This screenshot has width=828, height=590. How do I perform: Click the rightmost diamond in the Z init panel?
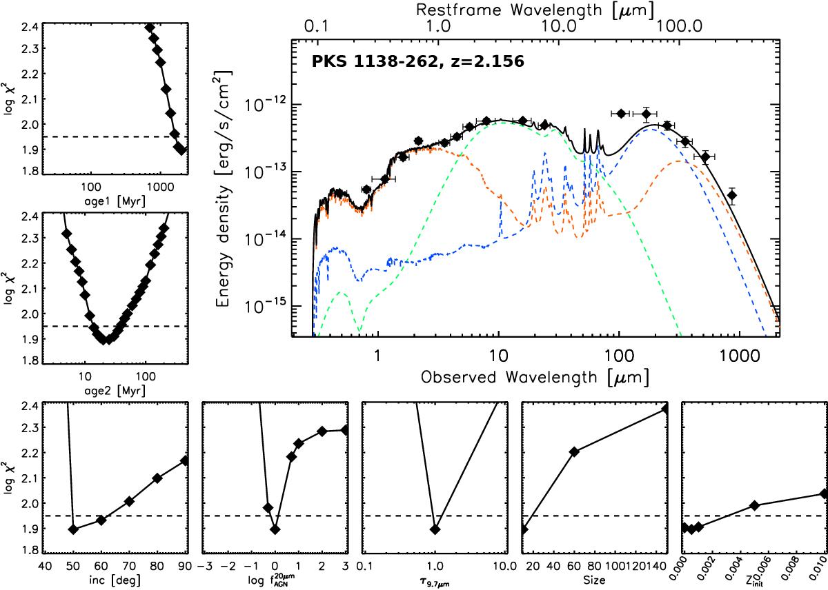click(823, 494)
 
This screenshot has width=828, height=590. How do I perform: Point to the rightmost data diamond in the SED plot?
click(732, 196)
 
